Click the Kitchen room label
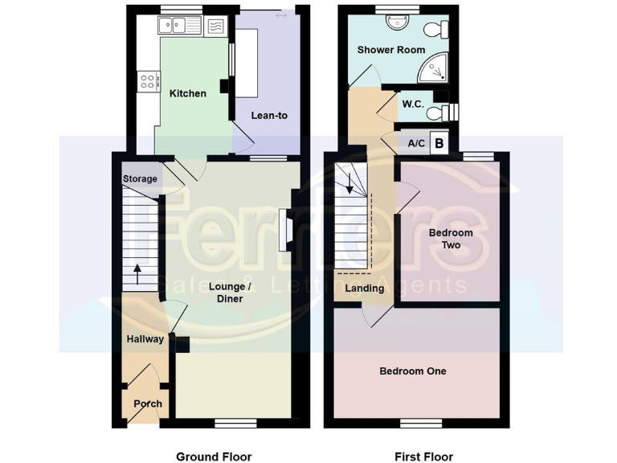(x=187, y=93)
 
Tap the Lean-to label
(x=269, y=116)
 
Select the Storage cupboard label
(x=140, y=178)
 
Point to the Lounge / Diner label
(x=226, y=293)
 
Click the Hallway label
(x=145, y=339)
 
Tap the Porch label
(x=147, y=404)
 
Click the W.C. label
(x=413, y=104)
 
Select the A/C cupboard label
(x=416, y=144)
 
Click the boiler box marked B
(x=439, y=144)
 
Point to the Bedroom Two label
(x=451, y=239)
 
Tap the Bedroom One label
(x=413, y=371)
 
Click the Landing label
(x=364, y=289)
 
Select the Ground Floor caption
(x=214, y=457)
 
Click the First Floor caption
(x=423, y=457)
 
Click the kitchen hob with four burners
(x=149, y=80)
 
